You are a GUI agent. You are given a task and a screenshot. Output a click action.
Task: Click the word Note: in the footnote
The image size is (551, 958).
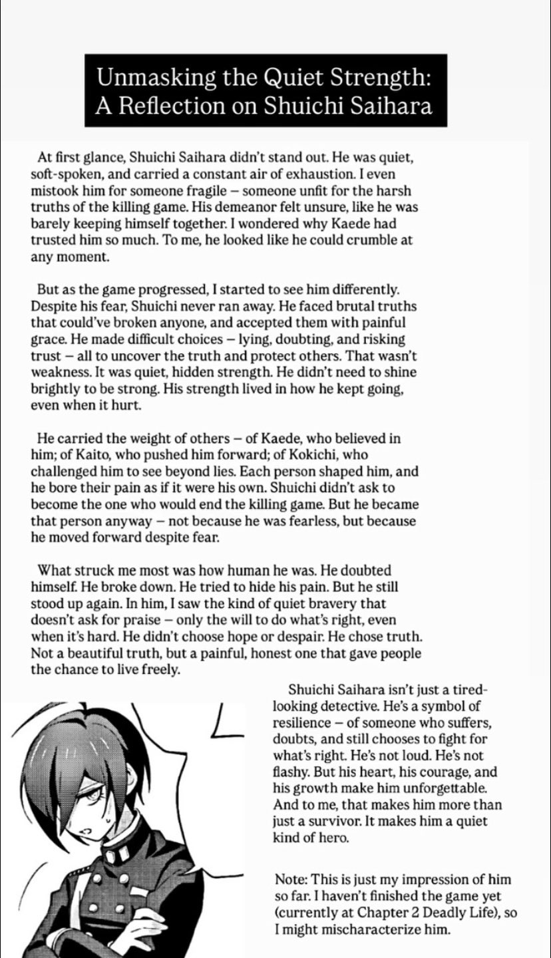tap(290, 880)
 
